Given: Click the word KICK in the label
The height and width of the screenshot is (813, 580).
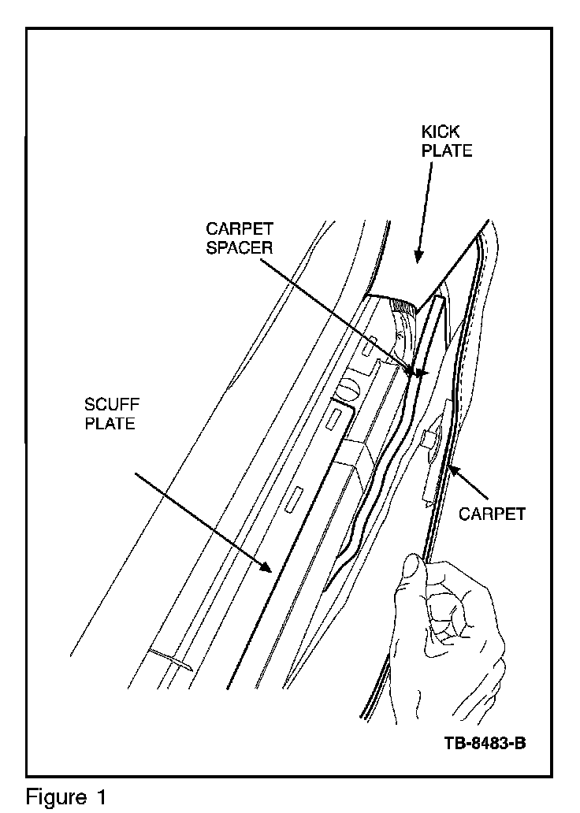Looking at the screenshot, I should tap(441, 133).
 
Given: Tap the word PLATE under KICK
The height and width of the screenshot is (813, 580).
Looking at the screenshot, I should tap(446, 150).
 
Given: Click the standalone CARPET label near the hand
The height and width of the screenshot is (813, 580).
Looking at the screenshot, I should tap(493, 514).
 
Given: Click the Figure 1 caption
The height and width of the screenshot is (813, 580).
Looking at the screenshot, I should tap(66, 796).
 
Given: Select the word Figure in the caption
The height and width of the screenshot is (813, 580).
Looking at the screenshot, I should tap(54, 796).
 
